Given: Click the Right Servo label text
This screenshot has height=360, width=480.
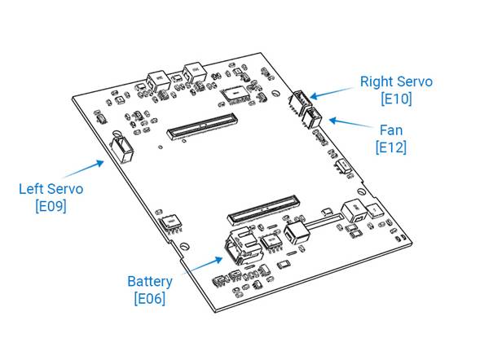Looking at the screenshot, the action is pyautogui.click(x=396, y=81).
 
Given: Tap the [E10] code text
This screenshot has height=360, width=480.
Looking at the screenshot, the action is pyautogui.click(x=396, y=99).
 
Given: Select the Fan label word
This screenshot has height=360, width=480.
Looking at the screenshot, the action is pyautogui.click(x=391, y=130).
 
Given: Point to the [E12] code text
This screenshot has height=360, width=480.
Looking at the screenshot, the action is pyautogui.click(x=391, y=147).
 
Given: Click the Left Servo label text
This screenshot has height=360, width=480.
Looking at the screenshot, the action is pyautogui.click(x=51, y=189).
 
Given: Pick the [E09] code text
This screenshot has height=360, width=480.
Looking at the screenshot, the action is pyautogui.click(x=51, y=206).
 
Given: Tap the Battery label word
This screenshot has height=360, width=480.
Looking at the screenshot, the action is pyautogui.click(x=150, y=282).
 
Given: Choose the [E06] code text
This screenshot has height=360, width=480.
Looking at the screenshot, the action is pyautogui.click(x=150, y=299).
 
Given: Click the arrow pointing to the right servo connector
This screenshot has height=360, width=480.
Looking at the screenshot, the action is pyautogui.click(x=332, y=93).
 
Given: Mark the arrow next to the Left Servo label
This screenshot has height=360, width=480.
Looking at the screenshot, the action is pyautogui.click(x=83, y=169).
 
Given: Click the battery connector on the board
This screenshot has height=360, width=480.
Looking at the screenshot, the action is pyautogui.click(x=244, y=246).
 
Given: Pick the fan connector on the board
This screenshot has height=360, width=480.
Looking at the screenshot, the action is pyautogui.click(x=311, y=118).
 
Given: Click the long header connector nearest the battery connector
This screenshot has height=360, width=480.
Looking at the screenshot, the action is pyautogui.click(x=263, y=209).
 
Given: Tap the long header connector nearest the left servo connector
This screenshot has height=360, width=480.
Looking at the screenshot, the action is pyautogui.click(x=202, y=126).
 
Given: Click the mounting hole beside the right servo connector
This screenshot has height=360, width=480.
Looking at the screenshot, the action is pyautogui.click(x=275, y=93).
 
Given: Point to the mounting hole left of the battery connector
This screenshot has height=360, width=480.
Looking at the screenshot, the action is pyautogui.click(x=184, y=246).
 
